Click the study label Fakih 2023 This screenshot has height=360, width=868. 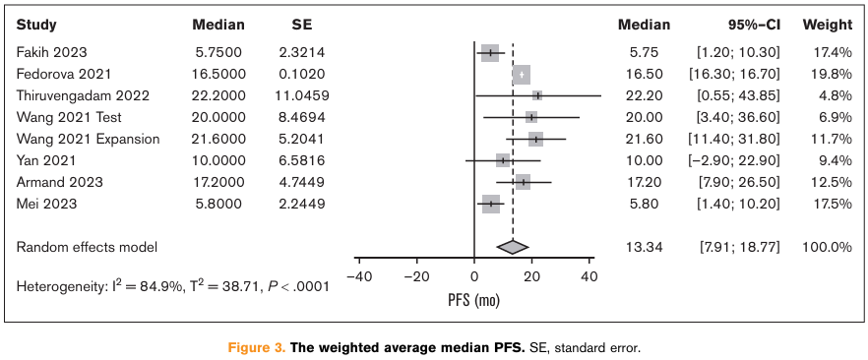[x=51, y=52]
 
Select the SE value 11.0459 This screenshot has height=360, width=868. [x=302, y=95]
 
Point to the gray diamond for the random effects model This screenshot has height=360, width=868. [x=513, y=247]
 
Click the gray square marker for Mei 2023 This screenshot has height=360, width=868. [x=490, y=204]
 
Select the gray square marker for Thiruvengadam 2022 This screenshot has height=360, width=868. [x=537, y=95]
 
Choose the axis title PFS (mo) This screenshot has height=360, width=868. [x=473, y=300]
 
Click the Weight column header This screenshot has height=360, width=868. [x=827, y=25]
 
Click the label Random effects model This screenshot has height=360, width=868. [x=87, y=247]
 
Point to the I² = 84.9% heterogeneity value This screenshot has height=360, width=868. [x=135, y=286]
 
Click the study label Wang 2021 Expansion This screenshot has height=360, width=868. [x=88, y=139]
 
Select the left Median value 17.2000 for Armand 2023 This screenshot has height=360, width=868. [x=218, y=182]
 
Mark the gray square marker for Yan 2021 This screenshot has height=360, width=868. [x=503, y=160]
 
